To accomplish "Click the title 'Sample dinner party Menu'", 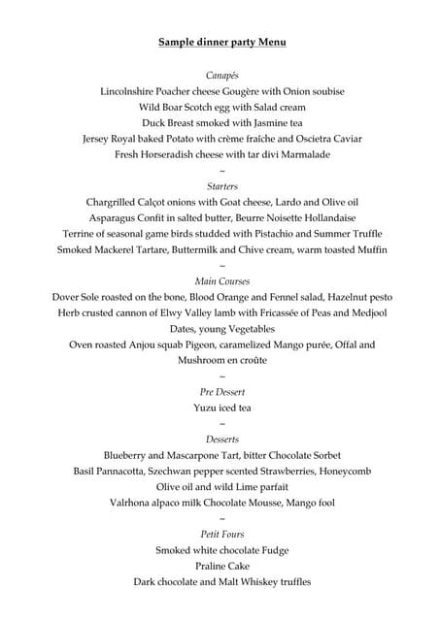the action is pyautogui.click(x=222, y=43).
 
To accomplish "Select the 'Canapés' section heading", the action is pyautogui.click(x=222, y=75).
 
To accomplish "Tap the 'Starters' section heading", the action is pyautogui.click(x=222, y=185).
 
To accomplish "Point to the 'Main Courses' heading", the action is pyautogui.click(x=222, y=280).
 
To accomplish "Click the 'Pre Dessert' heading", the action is pyautogui.click(x=222, y=391).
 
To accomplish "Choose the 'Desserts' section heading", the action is pyautogui.click(x=222, y=439).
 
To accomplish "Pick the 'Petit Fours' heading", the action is pyautogui.click(x=222, y=534).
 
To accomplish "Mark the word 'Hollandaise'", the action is pyautogui.click(x=324, y=217).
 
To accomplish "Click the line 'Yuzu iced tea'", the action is pyautogui.click(x=222, y=408).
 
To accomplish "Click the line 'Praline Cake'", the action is pyautogui.click(x=222, y=566).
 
